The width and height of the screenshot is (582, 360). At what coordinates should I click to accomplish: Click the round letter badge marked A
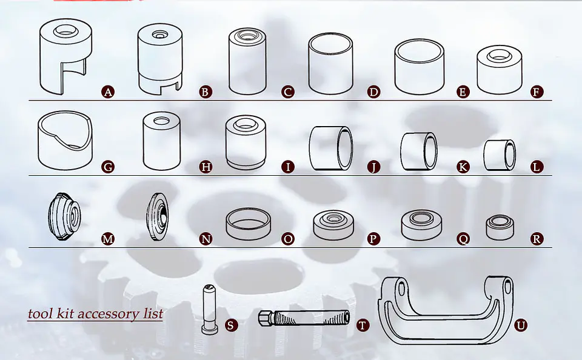click(x=108, y=92)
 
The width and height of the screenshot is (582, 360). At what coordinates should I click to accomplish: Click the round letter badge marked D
click(x=373, y=92)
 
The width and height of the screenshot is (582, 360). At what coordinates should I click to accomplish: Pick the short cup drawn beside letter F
click(x=500, y=70)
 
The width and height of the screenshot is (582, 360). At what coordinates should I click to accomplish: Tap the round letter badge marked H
click(x=206, y=167)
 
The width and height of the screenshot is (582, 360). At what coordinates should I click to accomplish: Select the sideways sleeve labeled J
click(x=331, y=148)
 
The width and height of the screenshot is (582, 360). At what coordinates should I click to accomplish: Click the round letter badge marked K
click(x=463, y=167)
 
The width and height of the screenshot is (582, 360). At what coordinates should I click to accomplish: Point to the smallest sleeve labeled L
click(x=500, y=155)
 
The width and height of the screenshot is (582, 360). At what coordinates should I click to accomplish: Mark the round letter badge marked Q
click(x=463, y=238)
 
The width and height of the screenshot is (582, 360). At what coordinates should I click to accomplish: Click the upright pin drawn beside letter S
click(x=209, y=309)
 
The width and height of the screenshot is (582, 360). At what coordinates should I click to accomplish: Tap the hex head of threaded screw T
click(x=266, y=318)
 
